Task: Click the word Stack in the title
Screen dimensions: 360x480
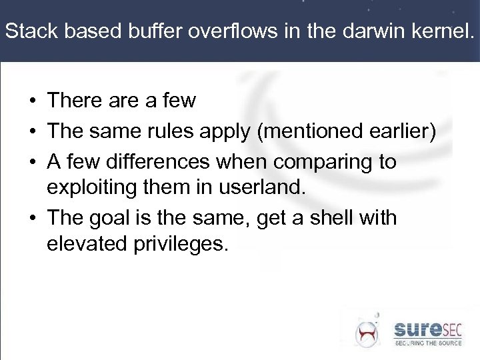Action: coord(27,32)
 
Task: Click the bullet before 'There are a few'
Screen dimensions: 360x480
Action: coord(32,101)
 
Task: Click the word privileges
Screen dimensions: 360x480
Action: coord(181,245)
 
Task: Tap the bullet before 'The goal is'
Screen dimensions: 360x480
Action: coord(32,219)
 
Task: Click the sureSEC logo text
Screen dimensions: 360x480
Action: coord(427,329)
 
